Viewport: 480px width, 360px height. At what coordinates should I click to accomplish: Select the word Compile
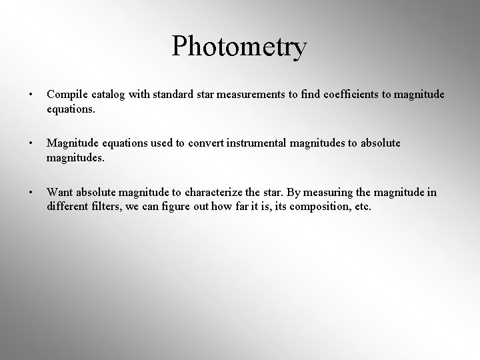click(x=65, y=95)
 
